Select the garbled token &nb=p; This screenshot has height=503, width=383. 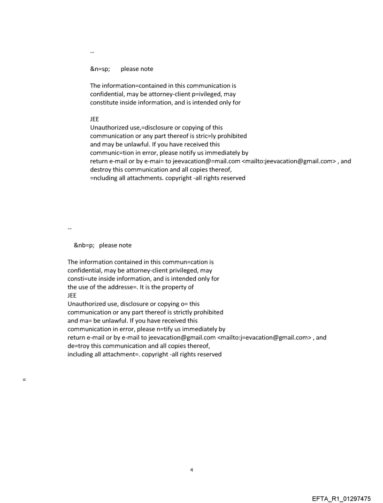coord(84,245)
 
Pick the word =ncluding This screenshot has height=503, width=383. coord(103,178)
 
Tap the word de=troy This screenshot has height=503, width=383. coord(77,346)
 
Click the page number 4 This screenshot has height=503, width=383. coord(191,470)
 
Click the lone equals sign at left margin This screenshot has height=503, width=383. coord(23,380)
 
